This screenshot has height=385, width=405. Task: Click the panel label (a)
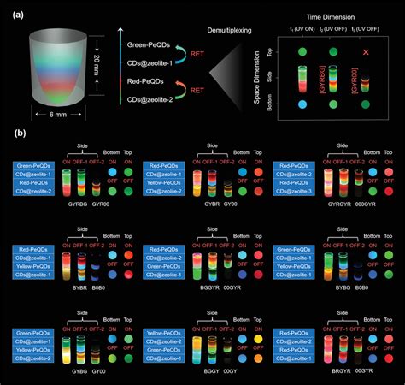[x=9, y=11]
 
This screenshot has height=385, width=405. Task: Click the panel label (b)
[x=9, y=133]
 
